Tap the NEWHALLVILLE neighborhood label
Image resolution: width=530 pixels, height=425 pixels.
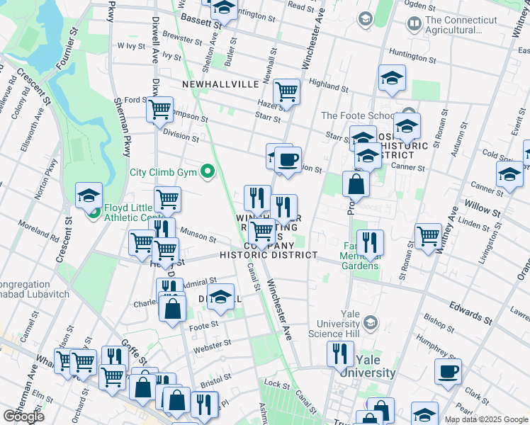pos(220,84)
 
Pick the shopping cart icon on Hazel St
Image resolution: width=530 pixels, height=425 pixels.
pos(286,91)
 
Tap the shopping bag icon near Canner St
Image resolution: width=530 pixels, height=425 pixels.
pos(356,184)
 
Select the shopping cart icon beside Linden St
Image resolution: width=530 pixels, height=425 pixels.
pos(428,237)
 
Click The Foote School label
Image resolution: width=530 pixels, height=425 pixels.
pos(358,115)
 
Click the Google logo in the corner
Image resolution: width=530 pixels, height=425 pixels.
pos(23,416)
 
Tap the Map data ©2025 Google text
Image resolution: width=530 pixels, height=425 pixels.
pos(485,419)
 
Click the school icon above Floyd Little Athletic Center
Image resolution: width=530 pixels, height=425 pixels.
pos(89,195)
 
